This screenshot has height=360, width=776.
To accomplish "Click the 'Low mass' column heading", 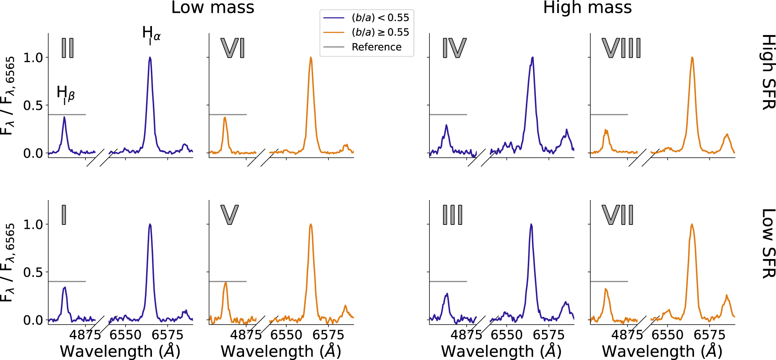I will pyautogui.click(x=213, y=8).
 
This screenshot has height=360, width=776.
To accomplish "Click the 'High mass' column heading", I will pyautogui.click(x=587, y=8).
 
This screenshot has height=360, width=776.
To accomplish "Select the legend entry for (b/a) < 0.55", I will pyautogui.click(x=380, y=18).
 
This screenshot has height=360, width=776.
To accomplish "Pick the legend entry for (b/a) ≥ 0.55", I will pyautogui.click(x=380, y=32).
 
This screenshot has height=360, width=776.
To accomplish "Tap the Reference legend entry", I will pyautogui.click(x=376, y=47).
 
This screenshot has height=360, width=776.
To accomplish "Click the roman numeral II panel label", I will pyautogui.click(x=68, y=48).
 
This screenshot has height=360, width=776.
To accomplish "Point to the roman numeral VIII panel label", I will pyautogui.click(x=621, y=48).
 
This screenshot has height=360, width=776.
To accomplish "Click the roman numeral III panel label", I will pyautogui.click(x=452, y=215).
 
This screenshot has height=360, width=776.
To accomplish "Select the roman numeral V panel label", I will pyautogui.click(x=229, y=215).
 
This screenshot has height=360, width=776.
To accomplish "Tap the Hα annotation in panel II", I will pyautogui.click(x=151, y=34).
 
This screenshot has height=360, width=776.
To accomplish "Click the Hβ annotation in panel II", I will pyautogui.click(x=65, y=94).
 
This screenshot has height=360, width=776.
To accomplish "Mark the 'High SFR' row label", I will pyautogui.click(x=767, y=72).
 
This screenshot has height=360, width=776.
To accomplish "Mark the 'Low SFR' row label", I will pyautogui.click(x=767, y=243).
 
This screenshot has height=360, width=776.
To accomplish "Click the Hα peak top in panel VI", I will pyautogui.click(x=311, y=57).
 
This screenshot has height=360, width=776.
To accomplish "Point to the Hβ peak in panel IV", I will pyautogui.click(x=446, y=125).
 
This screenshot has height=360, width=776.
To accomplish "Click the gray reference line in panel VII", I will pyautogui.click(x=609, y=281).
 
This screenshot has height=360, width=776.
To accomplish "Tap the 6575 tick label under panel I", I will pyautogui.click(x=167, y=335).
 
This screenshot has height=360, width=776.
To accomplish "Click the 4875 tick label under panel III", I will pyautogui.click(x=466, y=335).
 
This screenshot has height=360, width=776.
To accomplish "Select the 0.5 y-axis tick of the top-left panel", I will pyautogui.click(x=33, y=105).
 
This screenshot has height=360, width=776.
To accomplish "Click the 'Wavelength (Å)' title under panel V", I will pyautogui.click(x=281, y=351).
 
